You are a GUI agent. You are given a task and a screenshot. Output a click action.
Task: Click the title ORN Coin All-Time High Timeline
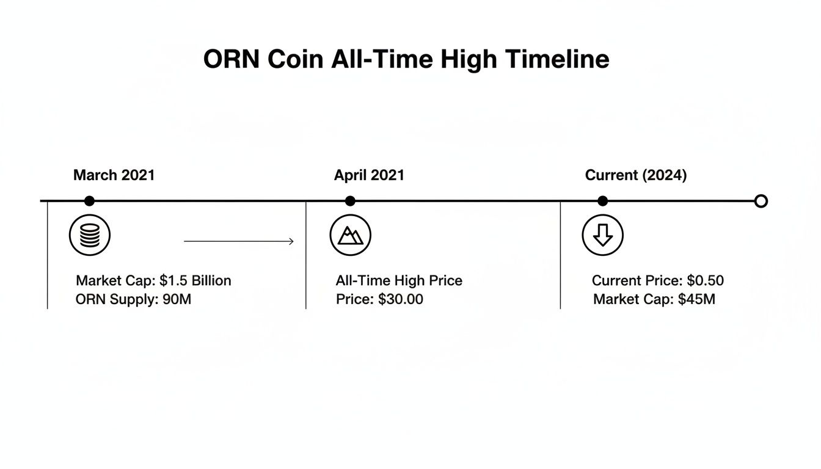click(406, 60)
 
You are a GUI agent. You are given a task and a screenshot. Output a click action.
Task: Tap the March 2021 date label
click(114, 175)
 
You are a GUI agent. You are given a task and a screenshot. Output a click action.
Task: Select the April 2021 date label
click(369, 175)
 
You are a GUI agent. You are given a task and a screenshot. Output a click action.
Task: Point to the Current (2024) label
click(636, 175)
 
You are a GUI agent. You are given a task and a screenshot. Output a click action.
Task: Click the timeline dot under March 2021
click(89, 201)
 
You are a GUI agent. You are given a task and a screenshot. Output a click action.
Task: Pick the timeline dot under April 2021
click(350, 201)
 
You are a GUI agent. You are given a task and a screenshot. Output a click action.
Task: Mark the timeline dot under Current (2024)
click(603, 201)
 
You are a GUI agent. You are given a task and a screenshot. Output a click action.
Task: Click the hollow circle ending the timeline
click(761, 201)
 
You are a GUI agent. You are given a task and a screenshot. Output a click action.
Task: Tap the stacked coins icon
click(90, 235)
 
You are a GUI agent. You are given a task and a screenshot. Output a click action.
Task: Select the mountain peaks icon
click(351, 235)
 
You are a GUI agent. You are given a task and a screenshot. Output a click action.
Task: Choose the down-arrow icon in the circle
click(603, 235)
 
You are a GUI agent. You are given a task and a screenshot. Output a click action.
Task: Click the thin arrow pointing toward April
click(239, 242)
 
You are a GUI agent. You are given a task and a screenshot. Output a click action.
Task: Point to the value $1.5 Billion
click(195, 281)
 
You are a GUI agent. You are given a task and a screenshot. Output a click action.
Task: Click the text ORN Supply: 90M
click(133, 299)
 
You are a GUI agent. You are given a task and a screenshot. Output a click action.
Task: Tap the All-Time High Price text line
click(399, 281)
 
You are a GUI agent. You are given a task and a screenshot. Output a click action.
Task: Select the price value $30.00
click(401, 299)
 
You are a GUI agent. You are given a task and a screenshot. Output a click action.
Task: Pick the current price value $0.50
click(705, 281)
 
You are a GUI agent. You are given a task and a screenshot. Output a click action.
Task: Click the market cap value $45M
click(696, 299)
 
